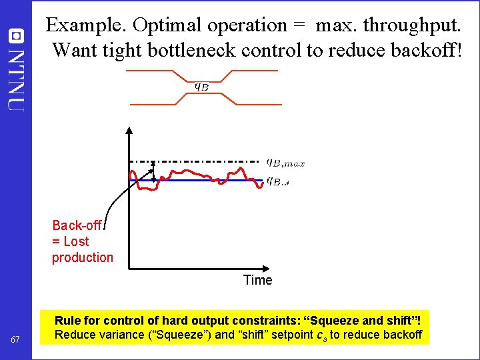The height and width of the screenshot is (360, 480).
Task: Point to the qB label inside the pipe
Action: click(201, 85)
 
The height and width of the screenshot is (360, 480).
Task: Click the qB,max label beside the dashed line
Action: click(285, 161)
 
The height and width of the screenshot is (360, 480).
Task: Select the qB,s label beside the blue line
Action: click(277, 181)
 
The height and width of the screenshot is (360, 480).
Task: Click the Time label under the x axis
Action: click(257, 280)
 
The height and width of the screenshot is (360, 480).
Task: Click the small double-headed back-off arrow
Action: click(153, 171)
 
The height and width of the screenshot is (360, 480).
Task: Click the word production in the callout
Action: click(83, 257)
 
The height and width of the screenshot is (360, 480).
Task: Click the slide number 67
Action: click(15, 341)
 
